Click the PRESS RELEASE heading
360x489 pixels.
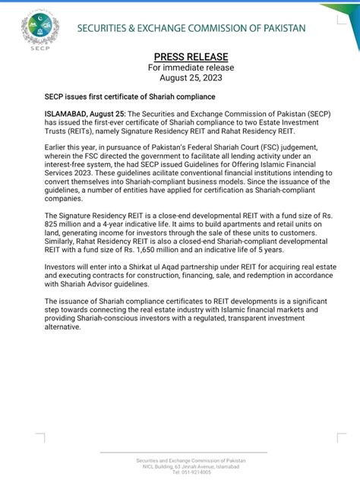(180, 57)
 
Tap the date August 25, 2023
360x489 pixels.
(181, 77)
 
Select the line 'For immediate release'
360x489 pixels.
(180, 68)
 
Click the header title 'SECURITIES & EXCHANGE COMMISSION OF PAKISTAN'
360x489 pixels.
(191, 28)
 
